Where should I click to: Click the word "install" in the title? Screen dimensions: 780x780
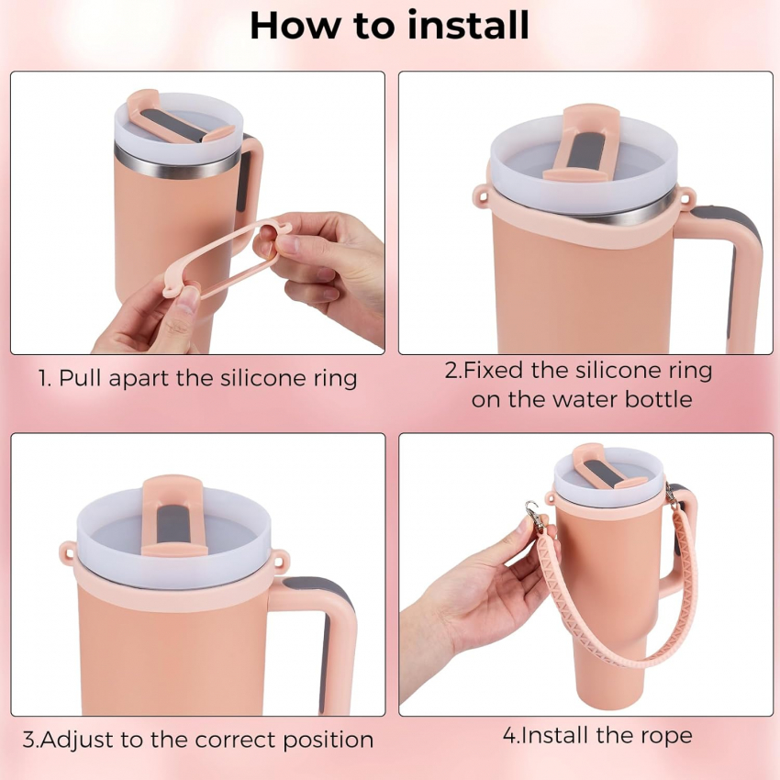point(468,25)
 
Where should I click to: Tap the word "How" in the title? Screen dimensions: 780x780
point(295,26)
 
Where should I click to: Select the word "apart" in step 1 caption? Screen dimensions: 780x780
point(139,380)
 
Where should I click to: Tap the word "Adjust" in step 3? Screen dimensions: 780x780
point(77,741)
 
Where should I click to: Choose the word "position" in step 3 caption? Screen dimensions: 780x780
point(329,741)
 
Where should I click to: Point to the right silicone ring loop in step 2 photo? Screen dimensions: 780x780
point(685,195)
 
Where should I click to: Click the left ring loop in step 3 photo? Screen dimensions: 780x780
point(69,550)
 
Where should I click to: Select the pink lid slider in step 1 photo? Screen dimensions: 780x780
point(177,117)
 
